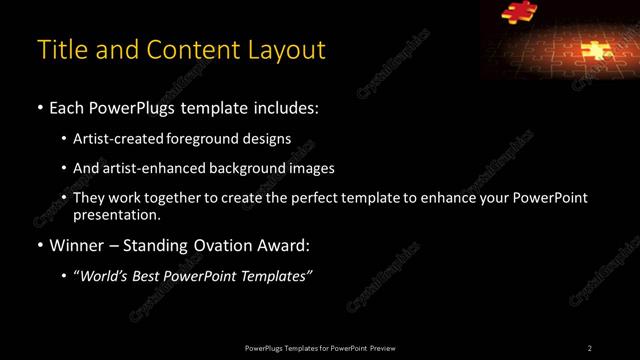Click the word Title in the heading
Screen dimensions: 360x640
click(59, 49)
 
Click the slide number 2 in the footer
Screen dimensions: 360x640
click(590, 347)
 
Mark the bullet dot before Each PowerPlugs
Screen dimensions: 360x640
click(39, 107)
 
